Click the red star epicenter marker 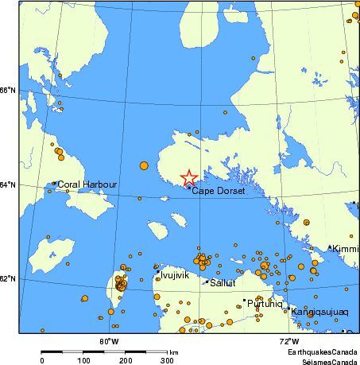pyautogui.click(x=188, y=177)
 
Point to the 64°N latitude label pyautogui.click(x=8, y=185)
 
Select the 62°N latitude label pyautogui.click(x=8, y=278)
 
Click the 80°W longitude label pyautogui.click(x=109, y=341)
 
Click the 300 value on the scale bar pyautogui.click(x=167, y=360)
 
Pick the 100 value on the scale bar pyautogui.click(x=83, y=360)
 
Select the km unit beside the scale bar pyautogui.click(x=173, y=351)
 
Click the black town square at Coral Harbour pyautogui.click(x=54, y=184)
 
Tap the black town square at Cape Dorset pyautogui.click(x=188, y=188)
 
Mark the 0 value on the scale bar pyautogui.click(x=41, y=360)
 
